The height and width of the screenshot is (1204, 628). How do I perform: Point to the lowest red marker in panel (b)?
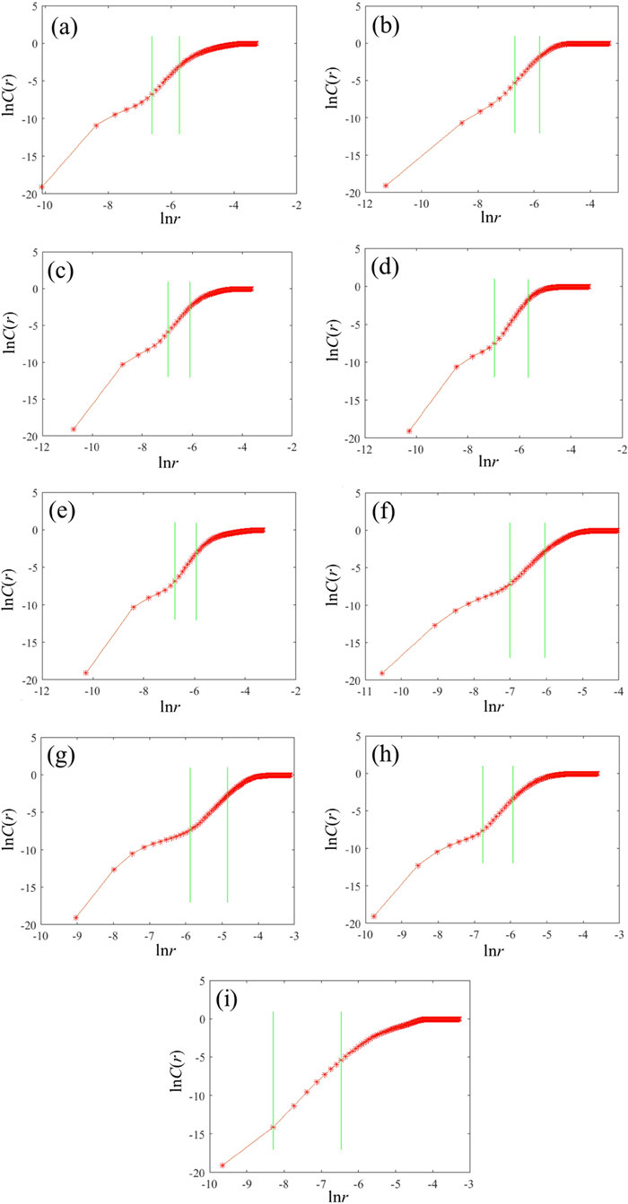tap(386, 186)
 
